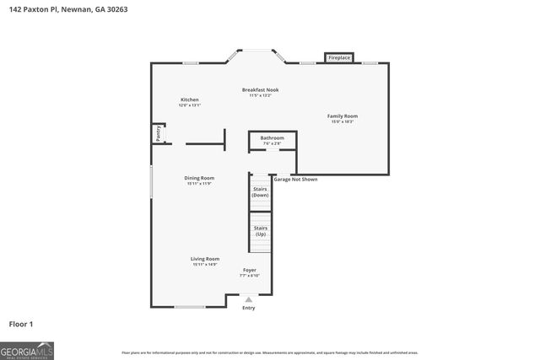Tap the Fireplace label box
coord(339,57)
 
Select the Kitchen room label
coord(189,99)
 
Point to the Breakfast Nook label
coord(260,89)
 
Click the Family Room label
coord(343,116)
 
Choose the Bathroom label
coord(272,137)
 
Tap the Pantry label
coord(158,133)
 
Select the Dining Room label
coord(200,178)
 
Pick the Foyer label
coord(250,270)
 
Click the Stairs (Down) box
coord(260,191)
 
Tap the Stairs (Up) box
coord(260,231)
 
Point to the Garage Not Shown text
coord(295,179)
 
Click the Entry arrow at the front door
coord(248,298)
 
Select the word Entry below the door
coord(248,309)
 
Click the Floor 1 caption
coord(21,324)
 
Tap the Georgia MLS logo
coord(27,350)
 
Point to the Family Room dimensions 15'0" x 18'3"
coord(343,122)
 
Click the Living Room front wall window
coord(190,306)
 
